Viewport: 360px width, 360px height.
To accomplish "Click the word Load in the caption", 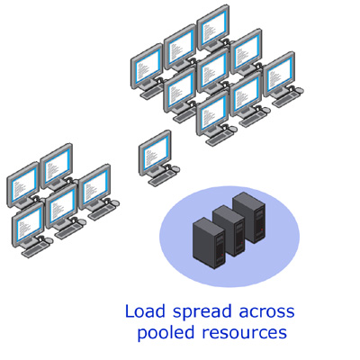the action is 145,311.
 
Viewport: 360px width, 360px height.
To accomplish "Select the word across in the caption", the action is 266,313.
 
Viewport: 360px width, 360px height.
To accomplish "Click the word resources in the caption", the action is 244,333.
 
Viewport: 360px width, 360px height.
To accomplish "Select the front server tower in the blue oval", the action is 209,243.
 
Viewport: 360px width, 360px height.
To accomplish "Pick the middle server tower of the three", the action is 229,230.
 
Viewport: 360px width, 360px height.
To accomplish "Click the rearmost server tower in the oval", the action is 248,218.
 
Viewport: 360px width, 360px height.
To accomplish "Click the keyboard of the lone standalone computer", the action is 161,178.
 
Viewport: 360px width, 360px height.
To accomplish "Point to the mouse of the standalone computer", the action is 176,169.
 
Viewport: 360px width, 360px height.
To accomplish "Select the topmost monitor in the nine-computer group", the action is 213,27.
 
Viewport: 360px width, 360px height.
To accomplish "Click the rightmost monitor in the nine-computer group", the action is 279,74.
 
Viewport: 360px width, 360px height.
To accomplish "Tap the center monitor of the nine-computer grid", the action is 213,70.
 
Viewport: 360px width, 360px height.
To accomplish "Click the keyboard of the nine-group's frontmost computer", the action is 219,139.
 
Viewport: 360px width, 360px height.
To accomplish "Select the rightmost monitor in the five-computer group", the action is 94,186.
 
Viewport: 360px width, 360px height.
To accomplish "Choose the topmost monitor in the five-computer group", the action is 57,166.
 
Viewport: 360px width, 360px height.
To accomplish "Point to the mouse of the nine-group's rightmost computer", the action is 299,90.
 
